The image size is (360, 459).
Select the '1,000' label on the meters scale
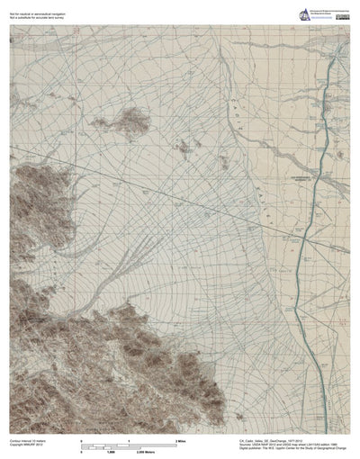click(x=113, y=454)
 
